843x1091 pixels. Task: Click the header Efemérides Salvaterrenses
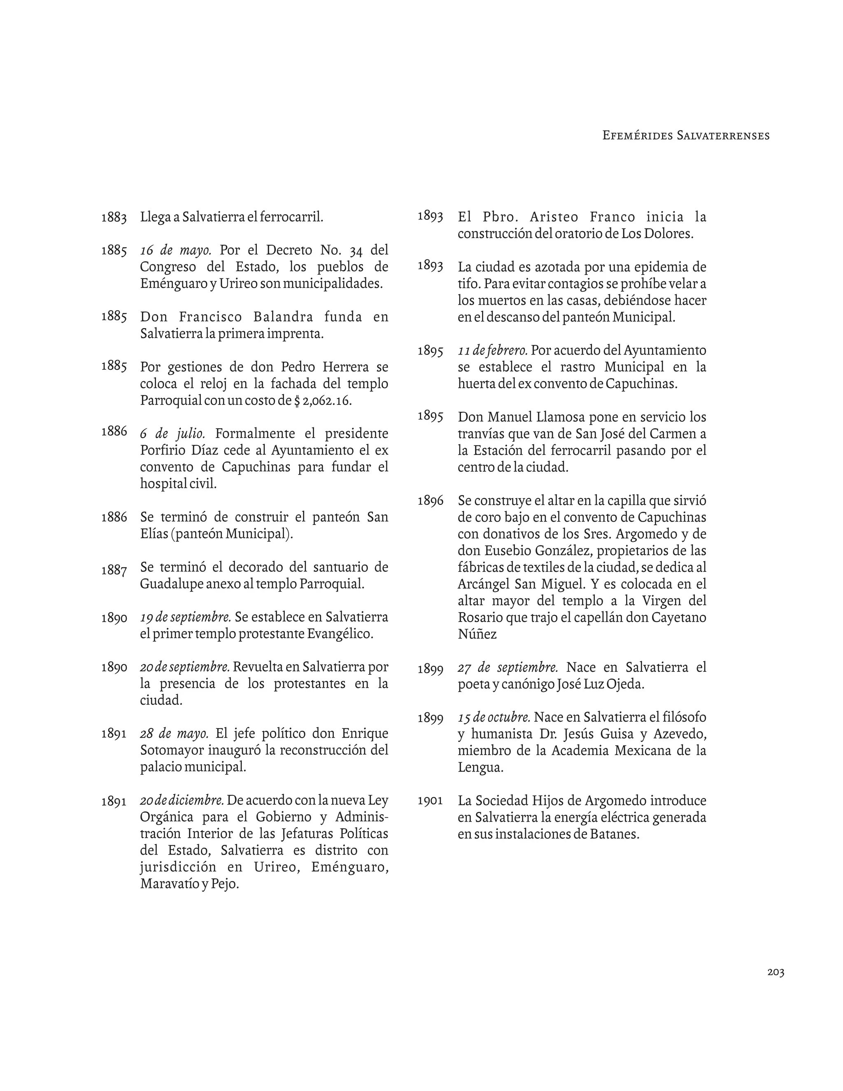pos(686,135)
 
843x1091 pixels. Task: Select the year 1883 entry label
pos(114,218)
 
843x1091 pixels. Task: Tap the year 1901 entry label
pos(430,801)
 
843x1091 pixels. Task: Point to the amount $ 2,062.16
pos(323,401)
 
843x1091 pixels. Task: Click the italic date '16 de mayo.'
pos(176,250)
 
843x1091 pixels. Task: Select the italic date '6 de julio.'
pos(173,434)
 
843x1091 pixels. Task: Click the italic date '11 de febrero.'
pos(493,350)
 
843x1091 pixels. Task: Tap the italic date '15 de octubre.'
pos(494,717)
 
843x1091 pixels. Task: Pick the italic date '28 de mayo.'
pos(174,733)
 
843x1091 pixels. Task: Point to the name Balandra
pos(283,317)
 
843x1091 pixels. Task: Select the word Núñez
pos(477,634)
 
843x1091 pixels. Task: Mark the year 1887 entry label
pos(114,570)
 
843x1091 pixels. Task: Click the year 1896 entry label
pos(430,501)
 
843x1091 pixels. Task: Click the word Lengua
pos(480,767)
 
